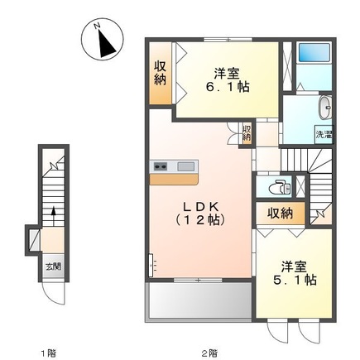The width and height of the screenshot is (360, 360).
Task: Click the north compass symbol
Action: [x=102, y=39]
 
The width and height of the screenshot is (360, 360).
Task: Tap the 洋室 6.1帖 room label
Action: [x=227, y=80]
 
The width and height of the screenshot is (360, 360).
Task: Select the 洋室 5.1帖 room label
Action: [x=295, y=273]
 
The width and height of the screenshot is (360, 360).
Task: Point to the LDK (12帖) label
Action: [x=200, y=214]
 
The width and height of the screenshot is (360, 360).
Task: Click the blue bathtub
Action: [x=314, y=52]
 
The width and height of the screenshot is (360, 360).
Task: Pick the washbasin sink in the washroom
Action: [x=326, y=108]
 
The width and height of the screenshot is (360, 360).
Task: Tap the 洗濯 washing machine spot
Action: [x=324, y=135]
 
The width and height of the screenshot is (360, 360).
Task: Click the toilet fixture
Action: [x=279, y=187]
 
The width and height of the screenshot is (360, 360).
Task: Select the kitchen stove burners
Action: [x=161, y=166]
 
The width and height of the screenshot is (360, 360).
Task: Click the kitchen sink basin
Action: [x=185, y=166]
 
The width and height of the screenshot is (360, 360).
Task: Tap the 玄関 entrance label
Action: [x=53, y=266]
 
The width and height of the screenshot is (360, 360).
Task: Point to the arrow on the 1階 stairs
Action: [x=54, y=216]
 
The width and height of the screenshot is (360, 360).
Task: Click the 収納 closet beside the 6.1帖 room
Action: [x=160, y=73]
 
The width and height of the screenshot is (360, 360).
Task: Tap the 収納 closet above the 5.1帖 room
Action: [x=281, y=214]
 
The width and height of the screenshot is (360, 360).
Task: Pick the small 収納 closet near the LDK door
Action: [x=247, y=133]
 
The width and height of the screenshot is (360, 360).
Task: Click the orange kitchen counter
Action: [x=174, y=179]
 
